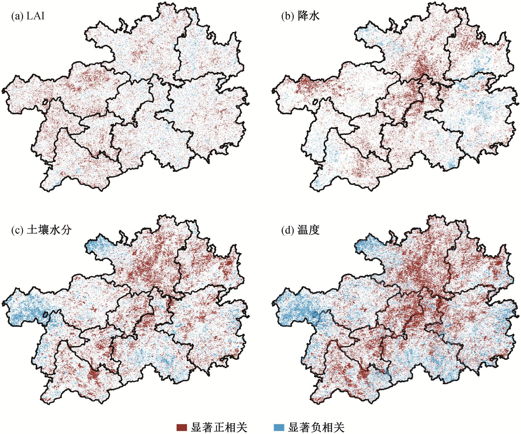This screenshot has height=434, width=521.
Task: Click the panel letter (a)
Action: point(16,16)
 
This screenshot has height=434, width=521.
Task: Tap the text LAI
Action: point(36,16)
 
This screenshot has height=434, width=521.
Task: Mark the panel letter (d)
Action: point(287,230)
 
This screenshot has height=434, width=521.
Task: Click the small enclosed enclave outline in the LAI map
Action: point(45,102)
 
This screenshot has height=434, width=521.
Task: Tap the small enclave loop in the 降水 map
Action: point(316,102)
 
